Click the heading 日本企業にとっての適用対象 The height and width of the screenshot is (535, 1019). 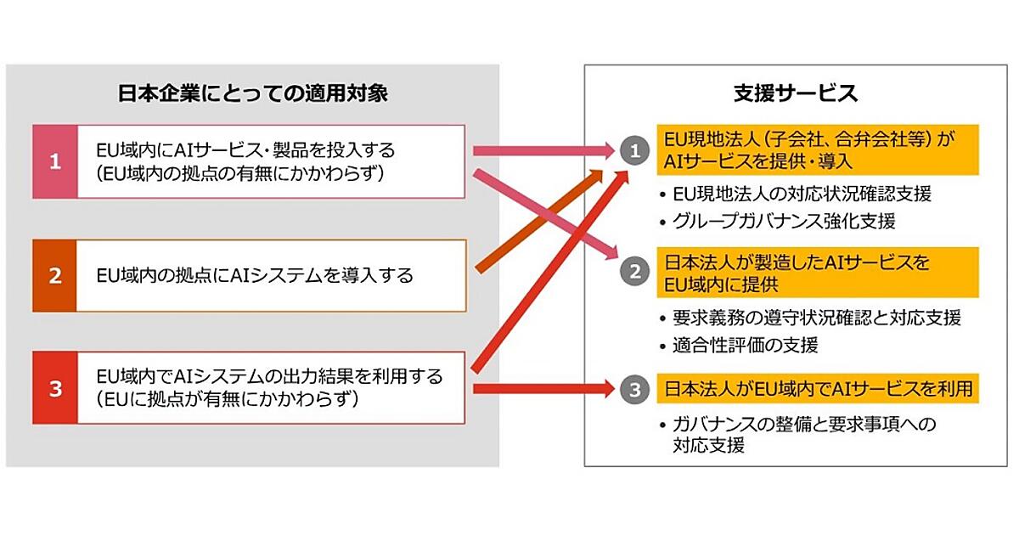(252, 93)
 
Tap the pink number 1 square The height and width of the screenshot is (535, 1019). (55, 161)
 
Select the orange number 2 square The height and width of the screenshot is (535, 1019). (55, 275)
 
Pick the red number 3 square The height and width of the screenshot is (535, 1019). (55, 389)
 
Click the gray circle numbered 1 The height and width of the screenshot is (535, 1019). (633, 151)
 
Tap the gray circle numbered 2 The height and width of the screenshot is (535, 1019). (633, 272)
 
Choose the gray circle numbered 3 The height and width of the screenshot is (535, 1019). (633, 390)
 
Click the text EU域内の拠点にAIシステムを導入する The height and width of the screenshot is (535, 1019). (255, 275)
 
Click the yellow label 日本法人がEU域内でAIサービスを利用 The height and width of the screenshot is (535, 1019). (818, 390)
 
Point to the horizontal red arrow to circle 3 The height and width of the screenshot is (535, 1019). (543, 390)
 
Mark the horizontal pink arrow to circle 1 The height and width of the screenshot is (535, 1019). (543, 151)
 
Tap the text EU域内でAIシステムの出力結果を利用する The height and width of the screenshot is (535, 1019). (269, 374)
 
